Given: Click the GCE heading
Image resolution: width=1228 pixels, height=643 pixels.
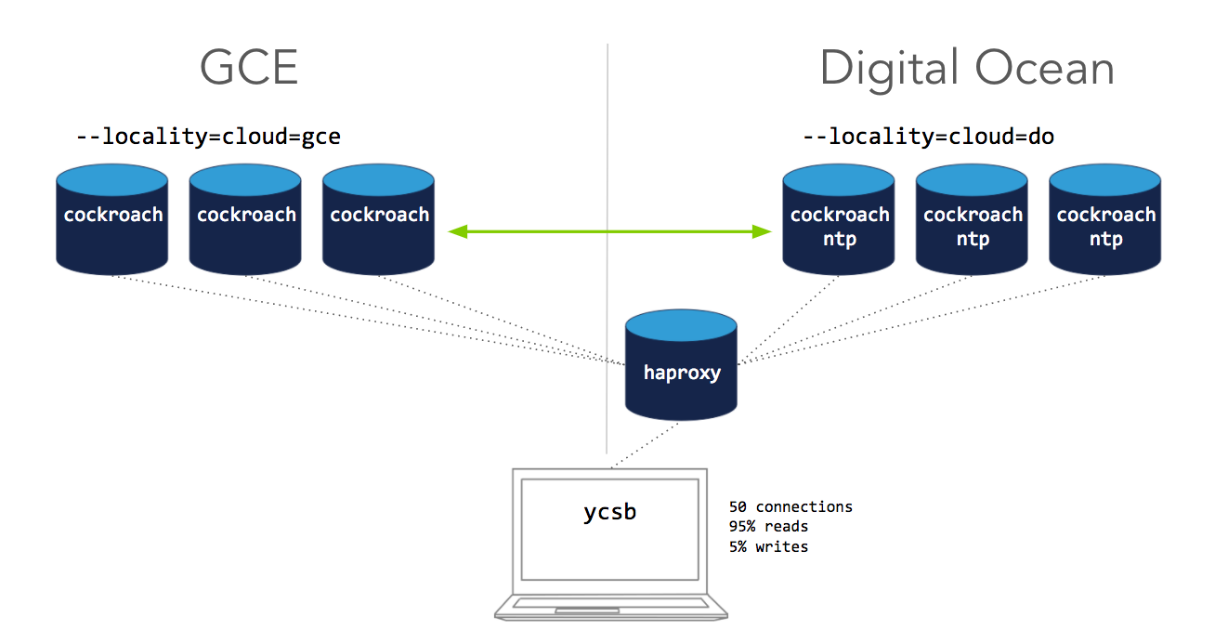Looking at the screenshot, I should pos(250,68).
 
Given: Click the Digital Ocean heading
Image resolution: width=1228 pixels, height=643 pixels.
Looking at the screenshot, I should pos(967,68).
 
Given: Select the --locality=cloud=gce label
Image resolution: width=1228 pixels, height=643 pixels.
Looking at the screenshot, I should pos(208,138).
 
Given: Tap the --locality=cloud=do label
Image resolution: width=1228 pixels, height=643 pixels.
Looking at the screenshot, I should pos(928,138).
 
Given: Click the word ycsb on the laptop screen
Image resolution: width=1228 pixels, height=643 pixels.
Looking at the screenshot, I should pos(609,512).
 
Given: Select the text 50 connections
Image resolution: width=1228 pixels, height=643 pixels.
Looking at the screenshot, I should pos(790,507).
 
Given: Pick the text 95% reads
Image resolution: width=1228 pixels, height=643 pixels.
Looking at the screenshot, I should pos(768,527).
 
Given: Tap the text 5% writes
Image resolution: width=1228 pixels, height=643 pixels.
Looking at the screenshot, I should pos(768,546).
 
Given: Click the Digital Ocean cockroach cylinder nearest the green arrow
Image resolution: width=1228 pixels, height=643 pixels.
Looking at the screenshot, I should pos(839,223).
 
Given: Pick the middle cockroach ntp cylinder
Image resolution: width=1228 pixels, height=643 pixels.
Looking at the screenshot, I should pos(973,223).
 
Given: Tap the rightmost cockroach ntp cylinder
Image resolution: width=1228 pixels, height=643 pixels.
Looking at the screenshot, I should pos(1105,223).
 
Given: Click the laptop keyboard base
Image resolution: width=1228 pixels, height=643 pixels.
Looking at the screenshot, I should pos(610,607).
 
